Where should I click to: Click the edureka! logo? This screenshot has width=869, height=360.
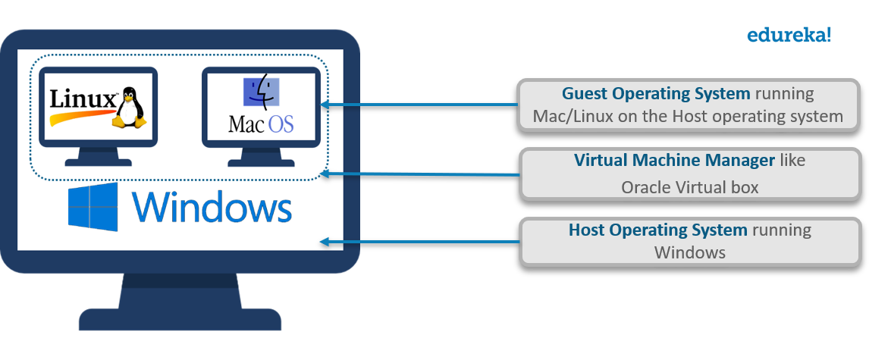click(789, 34)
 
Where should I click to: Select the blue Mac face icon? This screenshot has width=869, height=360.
click(260, 92)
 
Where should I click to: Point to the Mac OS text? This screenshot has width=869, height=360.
click(260, 123)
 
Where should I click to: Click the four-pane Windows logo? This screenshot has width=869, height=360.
click(93, 206)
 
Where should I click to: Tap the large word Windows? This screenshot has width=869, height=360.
click(212, 207)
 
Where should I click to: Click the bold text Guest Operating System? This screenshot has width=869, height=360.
click(656, 94)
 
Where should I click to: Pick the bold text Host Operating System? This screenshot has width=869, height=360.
click(658, 230)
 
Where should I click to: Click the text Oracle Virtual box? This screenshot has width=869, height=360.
click(689, 187)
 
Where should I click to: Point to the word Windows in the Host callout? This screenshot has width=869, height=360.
click(689, 252)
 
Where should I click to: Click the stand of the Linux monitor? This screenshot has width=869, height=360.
click(99, 156)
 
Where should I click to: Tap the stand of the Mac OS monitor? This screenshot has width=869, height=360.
click(262, 156)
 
